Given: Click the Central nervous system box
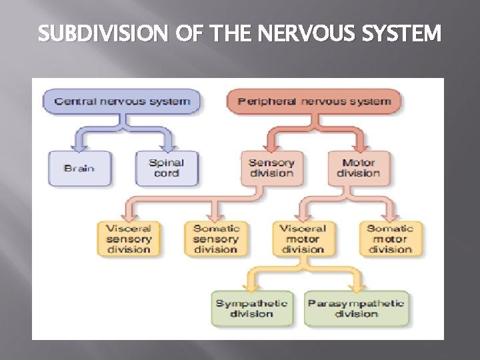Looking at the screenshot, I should point(122,102).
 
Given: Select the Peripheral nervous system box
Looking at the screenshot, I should point(314,102).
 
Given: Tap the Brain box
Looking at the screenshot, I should point(79,168).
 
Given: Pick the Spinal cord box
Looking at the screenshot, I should point(166,168).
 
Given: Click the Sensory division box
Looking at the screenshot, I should point(271,168).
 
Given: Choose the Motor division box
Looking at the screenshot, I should point(358,168).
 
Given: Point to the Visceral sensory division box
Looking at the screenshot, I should point(129,239).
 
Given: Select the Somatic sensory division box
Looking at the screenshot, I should point(215,239).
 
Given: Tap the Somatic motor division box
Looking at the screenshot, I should point(390,239).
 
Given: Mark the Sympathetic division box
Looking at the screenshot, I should point(252,308).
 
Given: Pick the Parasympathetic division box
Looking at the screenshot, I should point(356,308).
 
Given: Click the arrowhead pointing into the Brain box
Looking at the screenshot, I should point(79,146).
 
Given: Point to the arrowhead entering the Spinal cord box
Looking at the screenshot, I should point(166,146).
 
